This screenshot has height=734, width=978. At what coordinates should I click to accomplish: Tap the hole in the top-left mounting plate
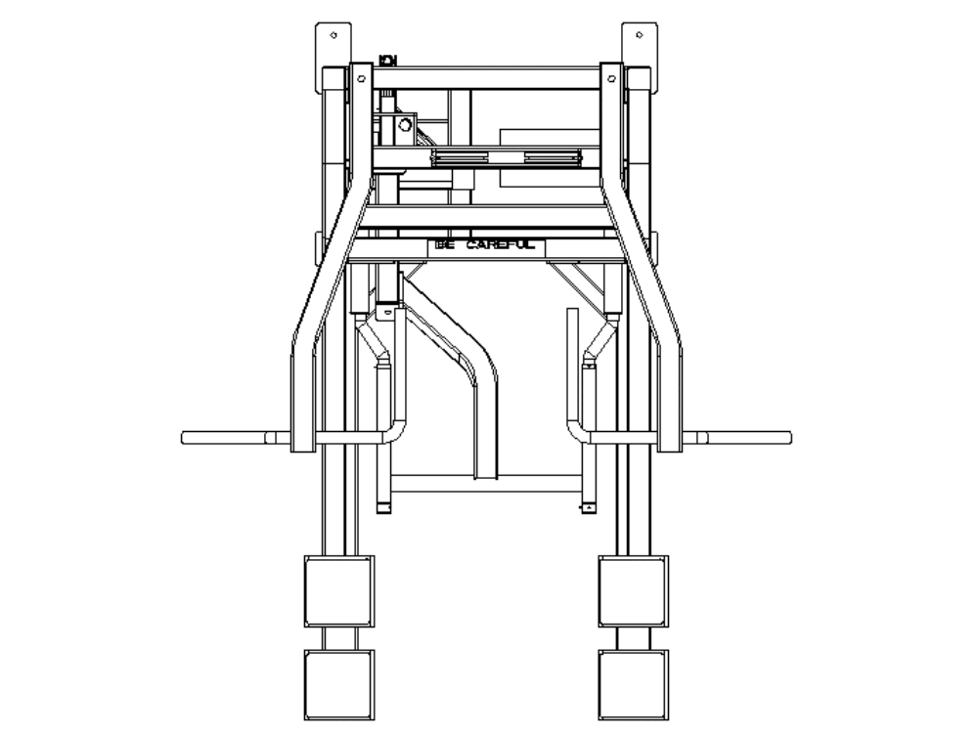coord(334,35)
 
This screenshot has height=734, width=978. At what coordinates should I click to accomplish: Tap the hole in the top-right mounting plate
coord(639,35)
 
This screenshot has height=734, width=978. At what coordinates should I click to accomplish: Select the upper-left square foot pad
coord(338,590)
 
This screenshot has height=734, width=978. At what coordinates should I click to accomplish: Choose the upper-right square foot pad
coord(634,590)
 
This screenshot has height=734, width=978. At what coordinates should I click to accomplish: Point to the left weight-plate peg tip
coord(186,437)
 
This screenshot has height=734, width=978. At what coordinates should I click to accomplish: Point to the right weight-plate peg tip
coord(787,437)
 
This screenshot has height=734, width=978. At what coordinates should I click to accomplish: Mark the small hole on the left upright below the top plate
coord(361,75)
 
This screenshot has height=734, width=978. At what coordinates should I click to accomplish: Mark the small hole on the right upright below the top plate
coord(612,75)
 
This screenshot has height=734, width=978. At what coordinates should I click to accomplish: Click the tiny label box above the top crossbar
coord(387,61)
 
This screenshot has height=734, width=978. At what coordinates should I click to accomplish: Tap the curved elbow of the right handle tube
coord(576,431)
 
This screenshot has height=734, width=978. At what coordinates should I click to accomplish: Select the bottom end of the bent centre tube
coord(486,475)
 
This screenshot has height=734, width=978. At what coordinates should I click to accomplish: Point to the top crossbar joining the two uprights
coord(486,78)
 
